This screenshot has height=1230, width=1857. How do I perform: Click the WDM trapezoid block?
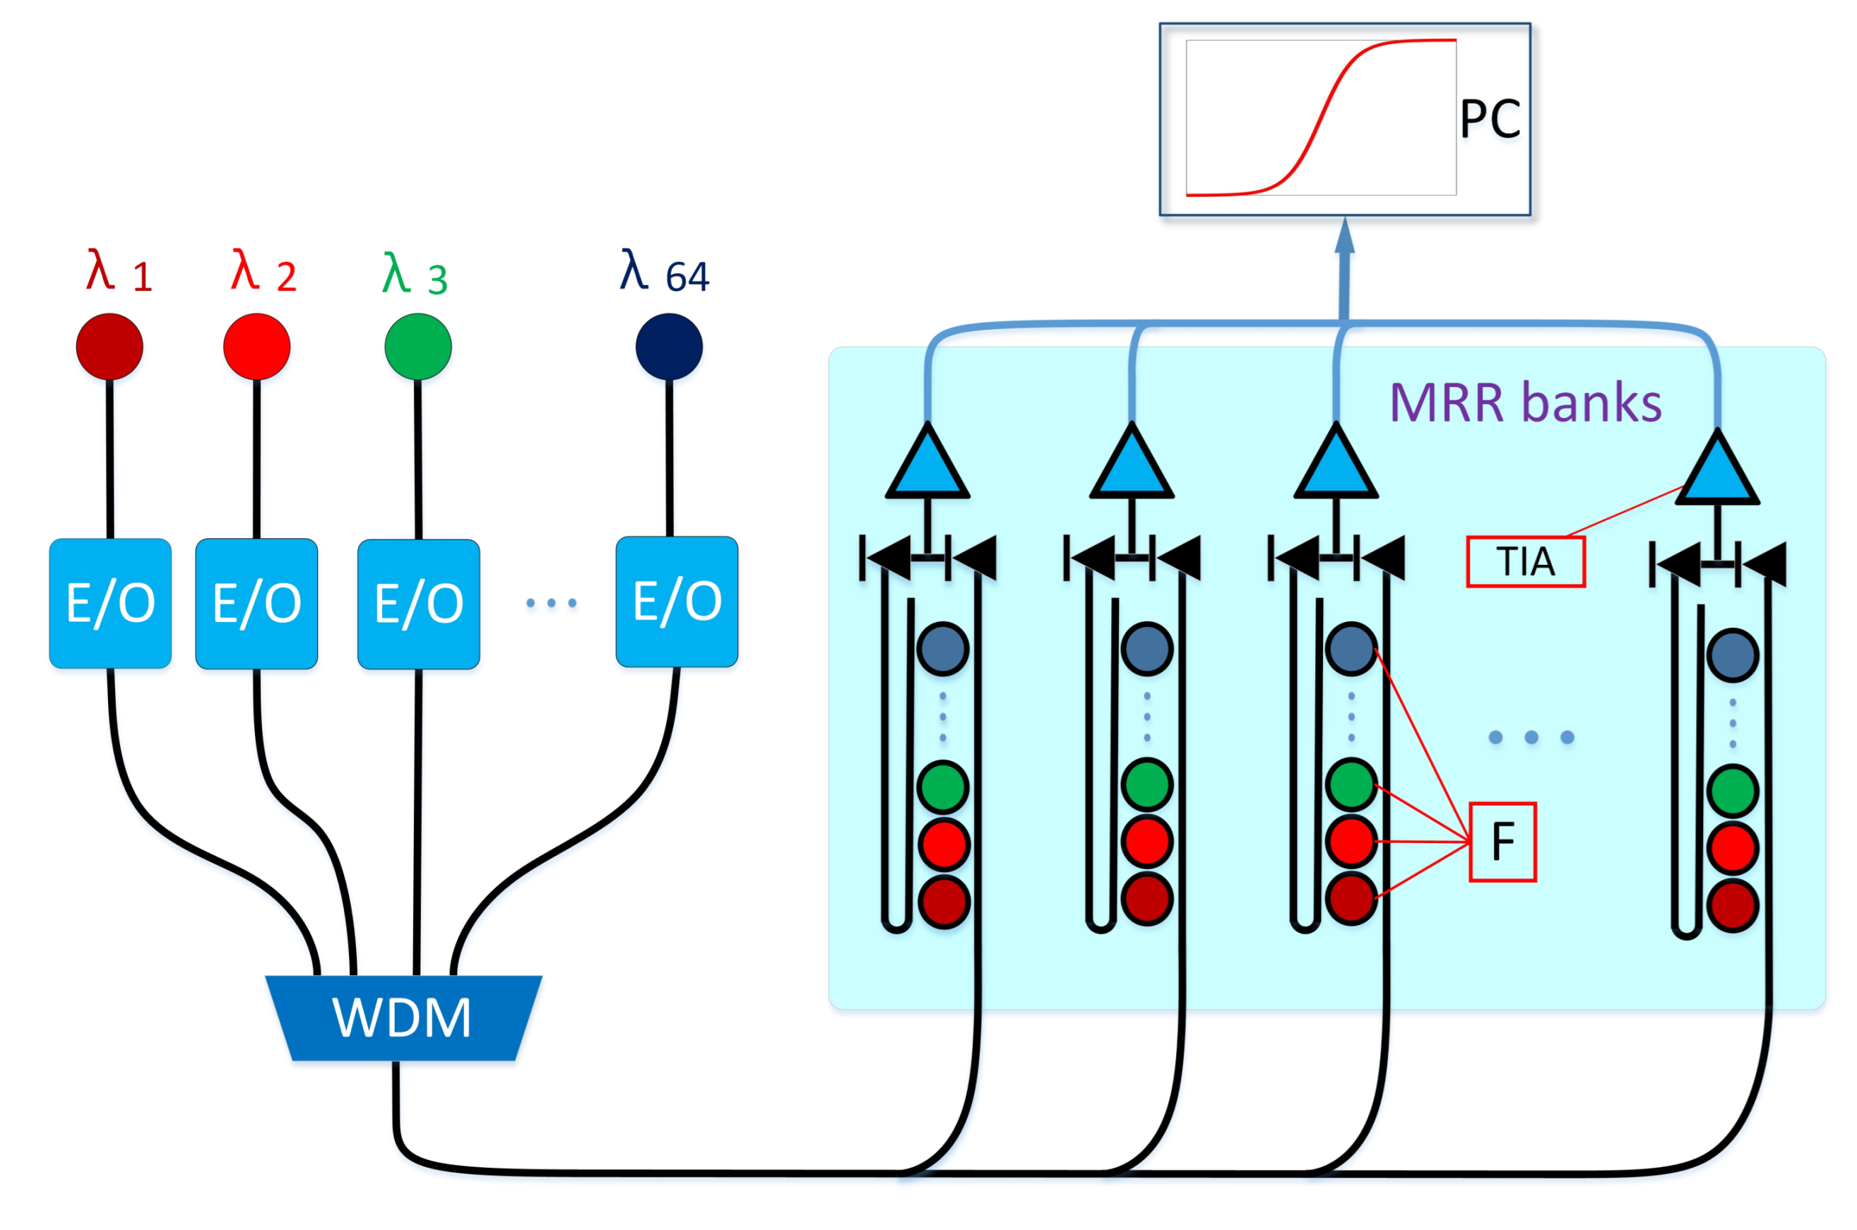(x=403, y=1017)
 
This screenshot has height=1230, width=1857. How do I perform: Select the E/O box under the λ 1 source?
(x=109, y=602)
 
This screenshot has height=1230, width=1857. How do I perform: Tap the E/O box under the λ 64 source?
(x=676, y=601)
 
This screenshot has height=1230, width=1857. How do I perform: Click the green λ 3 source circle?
(x=417, y=346)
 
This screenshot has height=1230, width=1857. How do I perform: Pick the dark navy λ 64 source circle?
(x=668, y=346)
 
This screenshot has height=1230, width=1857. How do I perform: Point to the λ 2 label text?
(x=263, y=273)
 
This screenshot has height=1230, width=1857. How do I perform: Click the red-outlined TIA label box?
(x=1524, y=561)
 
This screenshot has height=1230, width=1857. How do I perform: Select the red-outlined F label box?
(x=1502, y=842)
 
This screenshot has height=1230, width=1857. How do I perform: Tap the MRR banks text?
(x=1524, y=402)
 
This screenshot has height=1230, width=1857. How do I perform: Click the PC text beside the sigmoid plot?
(x=1489, y=119)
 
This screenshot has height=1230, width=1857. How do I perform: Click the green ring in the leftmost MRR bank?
(x=943, y=786)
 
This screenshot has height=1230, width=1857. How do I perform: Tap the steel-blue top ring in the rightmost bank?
(x=1732, y=655)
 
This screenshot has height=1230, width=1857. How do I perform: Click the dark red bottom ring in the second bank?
(x=1147, y=898)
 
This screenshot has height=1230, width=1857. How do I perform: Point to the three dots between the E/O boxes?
(x=551, y=602)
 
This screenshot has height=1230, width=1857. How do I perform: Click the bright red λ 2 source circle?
(x=256, y=346)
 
